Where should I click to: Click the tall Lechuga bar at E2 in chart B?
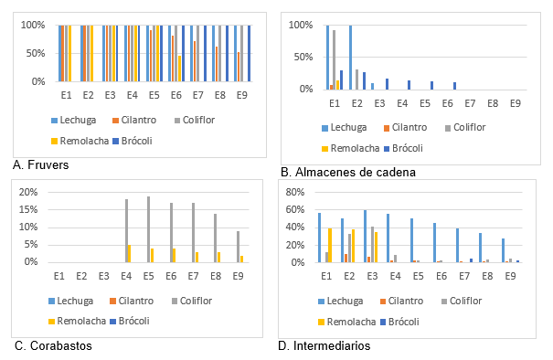(x=350, y=57)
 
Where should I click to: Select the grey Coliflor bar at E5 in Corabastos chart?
(x=149, y=229)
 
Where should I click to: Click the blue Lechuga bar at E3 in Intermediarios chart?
(x=365, y=236)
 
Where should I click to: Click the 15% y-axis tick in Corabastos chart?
(x=27, y=209)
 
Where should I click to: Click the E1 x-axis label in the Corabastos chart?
(x=59, y=275)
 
